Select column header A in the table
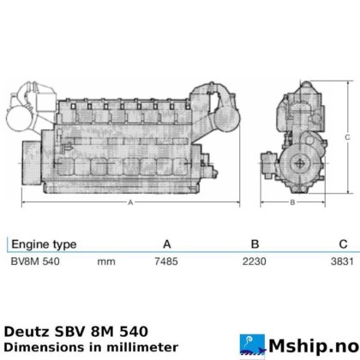click(167, 243)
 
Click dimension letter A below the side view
click(130, 203)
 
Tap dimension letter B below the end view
click(292, 202)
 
